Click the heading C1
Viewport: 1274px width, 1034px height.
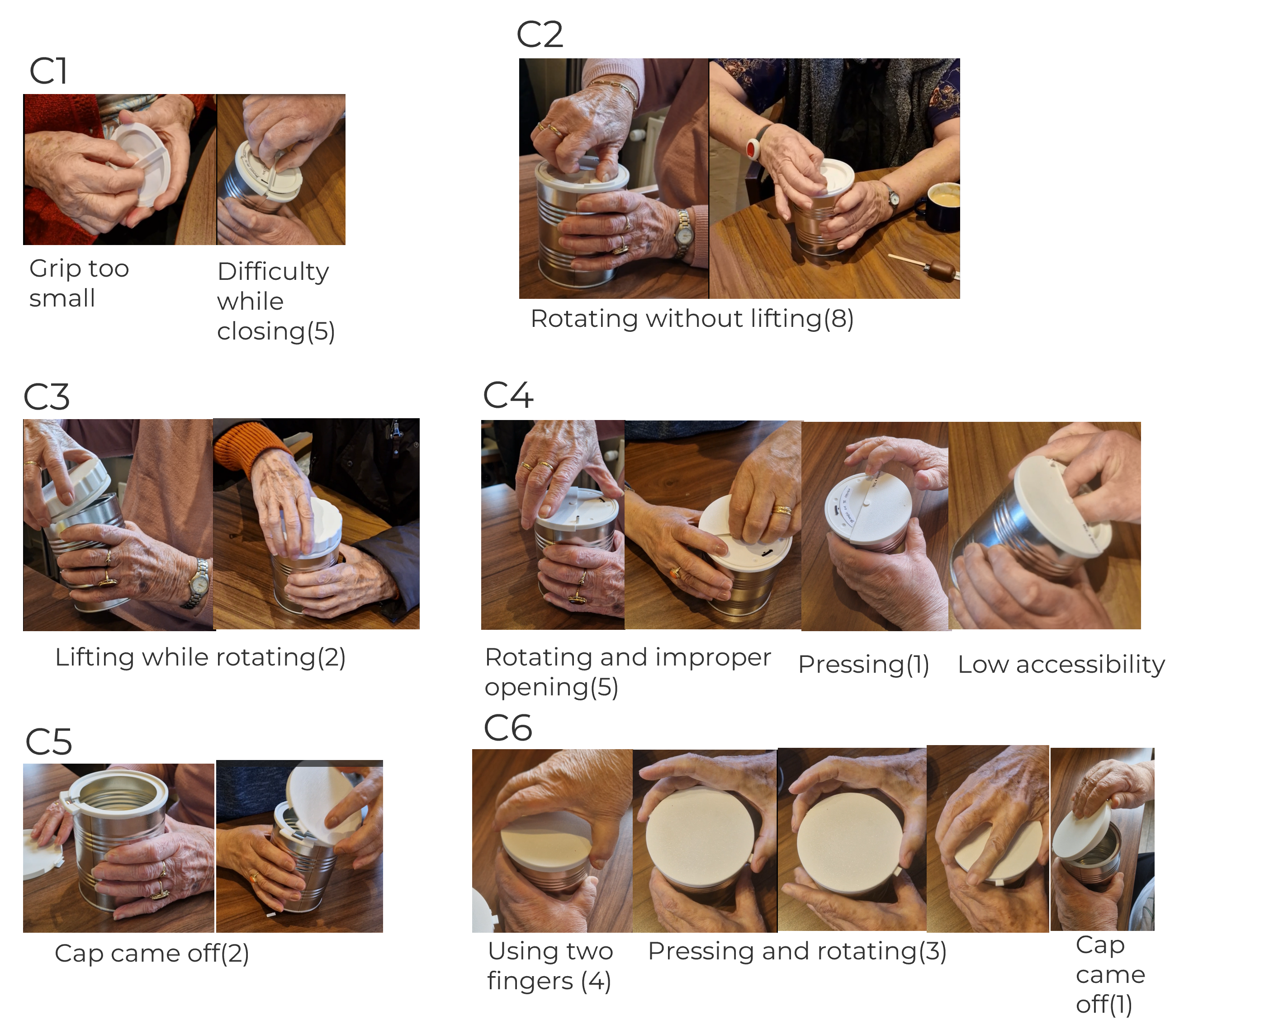coord(48,71)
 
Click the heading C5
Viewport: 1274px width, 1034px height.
coord(48,742)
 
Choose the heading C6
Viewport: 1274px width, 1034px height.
coord(508,728)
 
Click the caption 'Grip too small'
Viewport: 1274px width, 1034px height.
coord(79,283)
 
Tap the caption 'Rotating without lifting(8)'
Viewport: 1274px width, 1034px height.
coord(692,319)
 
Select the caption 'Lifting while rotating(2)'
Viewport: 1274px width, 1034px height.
coord(200,657)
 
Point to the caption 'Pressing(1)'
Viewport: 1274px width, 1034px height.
coord(863,665)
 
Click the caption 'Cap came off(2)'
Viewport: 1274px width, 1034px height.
coord(152,954)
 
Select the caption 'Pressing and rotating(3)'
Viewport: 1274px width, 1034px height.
coord(797,951)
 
